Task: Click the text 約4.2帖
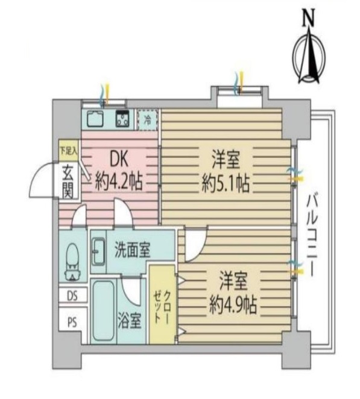(x=119, y=181)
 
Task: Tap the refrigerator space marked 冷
(x=147, y=119)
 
